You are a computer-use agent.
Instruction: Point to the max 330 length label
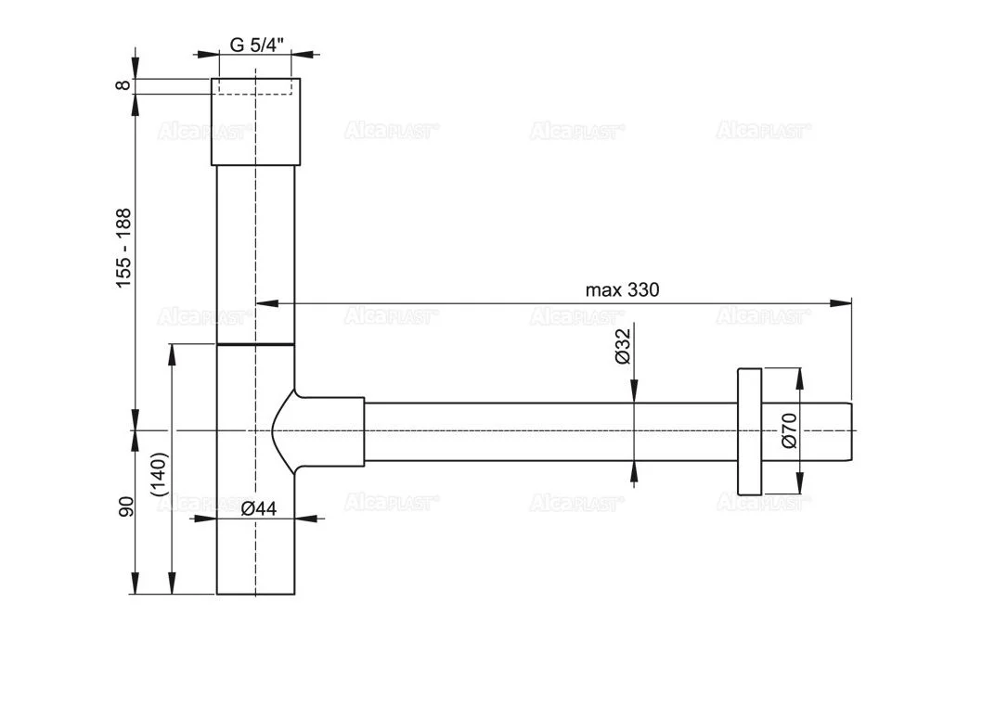(622, 289)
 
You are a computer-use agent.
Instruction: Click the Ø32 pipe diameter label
(623, 345)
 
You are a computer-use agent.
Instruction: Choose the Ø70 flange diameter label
(789, 431)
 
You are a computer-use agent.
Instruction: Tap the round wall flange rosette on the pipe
(749, 431)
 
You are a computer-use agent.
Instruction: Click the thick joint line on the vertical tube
(255, 344)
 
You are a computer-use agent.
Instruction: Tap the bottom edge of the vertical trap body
(255, 594)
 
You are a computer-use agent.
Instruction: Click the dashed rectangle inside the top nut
(255, 87)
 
